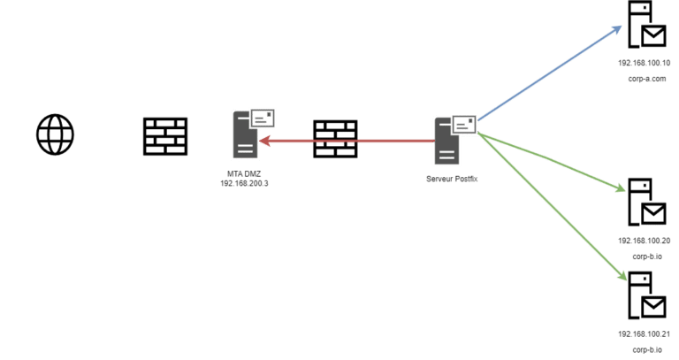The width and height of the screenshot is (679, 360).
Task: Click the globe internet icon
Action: [55, 135]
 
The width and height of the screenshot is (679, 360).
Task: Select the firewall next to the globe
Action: [165, 136]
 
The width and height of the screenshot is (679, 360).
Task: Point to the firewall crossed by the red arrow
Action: [335, 139]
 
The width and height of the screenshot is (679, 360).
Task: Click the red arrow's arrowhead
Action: [265, 139]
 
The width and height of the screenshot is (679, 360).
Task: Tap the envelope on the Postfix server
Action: [463, 124]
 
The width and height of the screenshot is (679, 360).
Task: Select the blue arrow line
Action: [548, 74]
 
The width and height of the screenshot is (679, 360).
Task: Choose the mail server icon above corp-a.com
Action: [644, 27]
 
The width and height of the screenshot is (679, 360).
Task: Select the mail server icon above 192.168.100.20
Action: [644, 203]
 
